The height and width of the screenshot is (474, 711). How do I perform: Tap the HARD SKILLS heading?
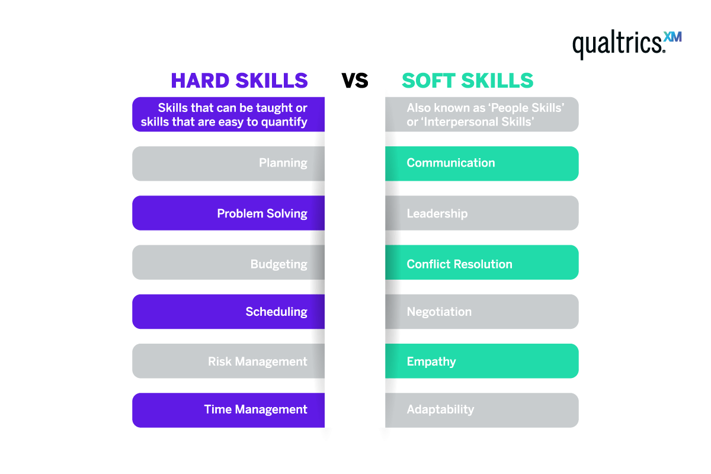point(239,81)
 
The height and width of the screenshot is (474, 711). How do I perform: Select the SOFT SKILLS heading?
point(467,81)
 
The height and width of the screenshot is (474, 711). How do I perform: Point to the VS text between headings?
point(355,81)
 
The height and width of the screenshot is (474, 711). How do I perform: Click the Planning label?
point(283,163)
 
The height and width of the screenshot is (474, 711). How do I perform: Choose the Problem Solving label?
point(262,213)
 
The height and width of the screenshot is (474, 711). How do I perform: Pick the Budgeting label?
point(278,264)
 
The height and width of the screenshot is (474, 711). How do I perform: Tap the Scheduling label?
point(276,312)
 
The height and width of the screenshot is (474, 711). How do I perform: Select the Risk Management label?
point(257,361)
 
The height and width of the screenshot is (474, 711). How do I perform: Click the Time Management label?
point(255,409)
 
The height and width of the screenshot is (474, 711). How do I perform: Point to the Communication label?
point(450,163)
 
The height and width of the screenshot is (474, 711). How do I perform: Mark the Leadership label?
point(437,213)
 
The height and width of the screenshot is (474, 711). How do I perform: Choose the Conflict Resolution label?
point(459,264)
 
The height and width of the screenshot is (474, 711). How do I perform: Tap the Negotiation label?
point(439,312)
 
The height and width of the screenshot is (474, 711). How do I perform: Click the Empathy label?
point(431,361)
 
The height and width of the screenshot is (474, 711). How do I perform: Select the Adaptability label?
point(440,409)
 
